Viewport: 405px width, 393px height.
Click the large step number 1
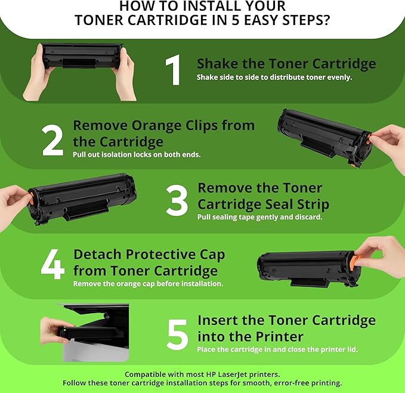pyautogui.click(x=172, y=71)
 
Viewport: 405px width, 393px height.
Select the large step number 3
pyautogui.click(x=177, y=201)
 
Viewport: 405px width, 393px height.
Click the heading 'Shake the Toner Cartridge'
pyautogui.click(x=286, y=64)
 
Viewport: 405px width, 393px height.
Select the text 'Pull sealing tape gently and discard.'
pyautogui.click(x=259, y=217)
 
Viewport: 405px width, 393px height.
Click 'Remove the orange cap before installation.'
pyautogui.click(x=148, y=284)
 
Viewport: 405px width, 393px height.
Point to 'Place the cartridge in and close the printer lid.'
pyautogui.click(x=277, y=349)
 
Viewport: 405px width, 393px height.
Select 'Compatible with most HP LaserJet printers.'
pyautogui.click(x=202, y=373)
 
